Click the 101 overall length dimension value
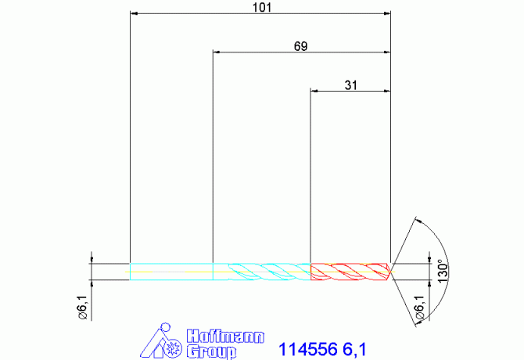[x=262, y=7]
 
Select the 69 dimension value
[x=301, y=46]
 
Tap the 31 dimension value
[x=351, y=85]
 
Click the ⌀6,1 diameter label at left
[x=83, y=308]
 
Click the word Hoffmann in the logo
[x=225, y=337]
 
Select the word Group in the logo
[x=211, y=351]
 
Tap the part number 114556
[x=308, y=349]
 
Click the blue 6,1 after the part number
[x=354, y=350]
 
